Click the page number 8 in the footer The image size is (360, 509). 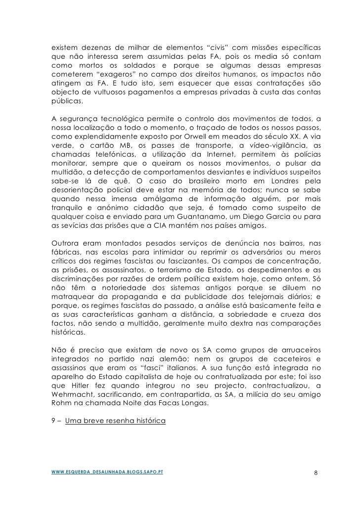point(317,473)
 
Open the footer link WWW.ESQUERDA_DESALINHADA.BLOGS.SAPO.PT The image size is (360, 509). point(108,471)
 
